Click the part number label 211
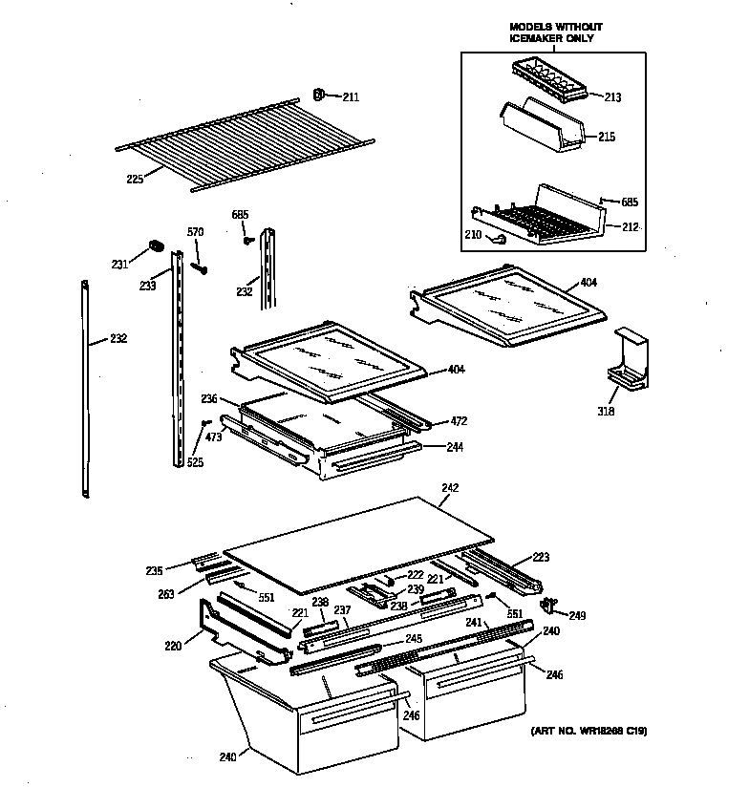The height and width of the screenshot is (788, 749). (x=352, y=96)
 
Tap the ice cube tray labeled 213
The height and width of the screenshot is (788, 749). (x=546, y=76)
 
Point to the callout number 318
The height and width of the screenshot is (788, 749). (x=606, y=412)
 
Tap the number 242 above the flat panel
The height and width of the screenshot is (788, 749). (x=450, y=488)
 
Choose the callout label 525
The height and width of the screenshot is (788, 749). (x=195, y=462)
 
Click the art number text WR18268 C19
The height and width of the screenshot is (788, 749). (x=588, y=732)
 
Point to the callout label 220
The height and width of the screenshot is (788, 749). (x=173, y=647)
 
